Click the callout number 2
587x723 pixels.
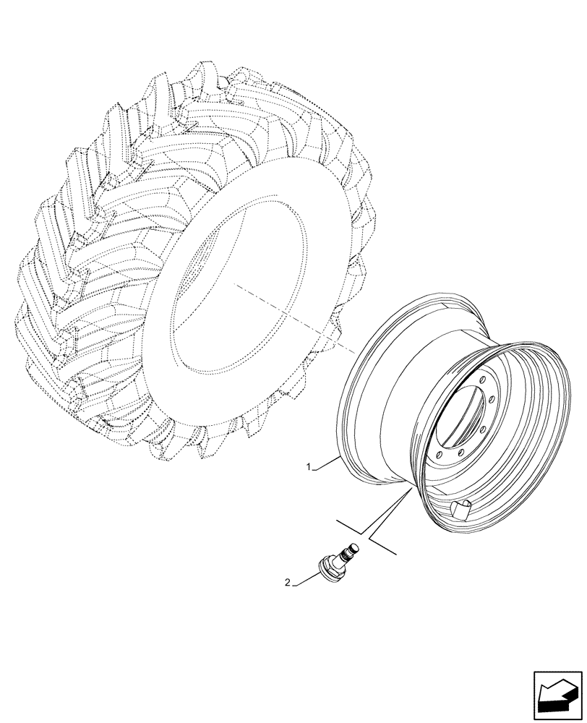287,582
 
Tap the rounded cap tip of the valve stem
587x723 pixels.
355,545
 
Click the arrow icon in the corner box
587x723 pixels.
556,695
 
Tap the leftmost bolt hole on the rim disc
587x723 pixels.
439,456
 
